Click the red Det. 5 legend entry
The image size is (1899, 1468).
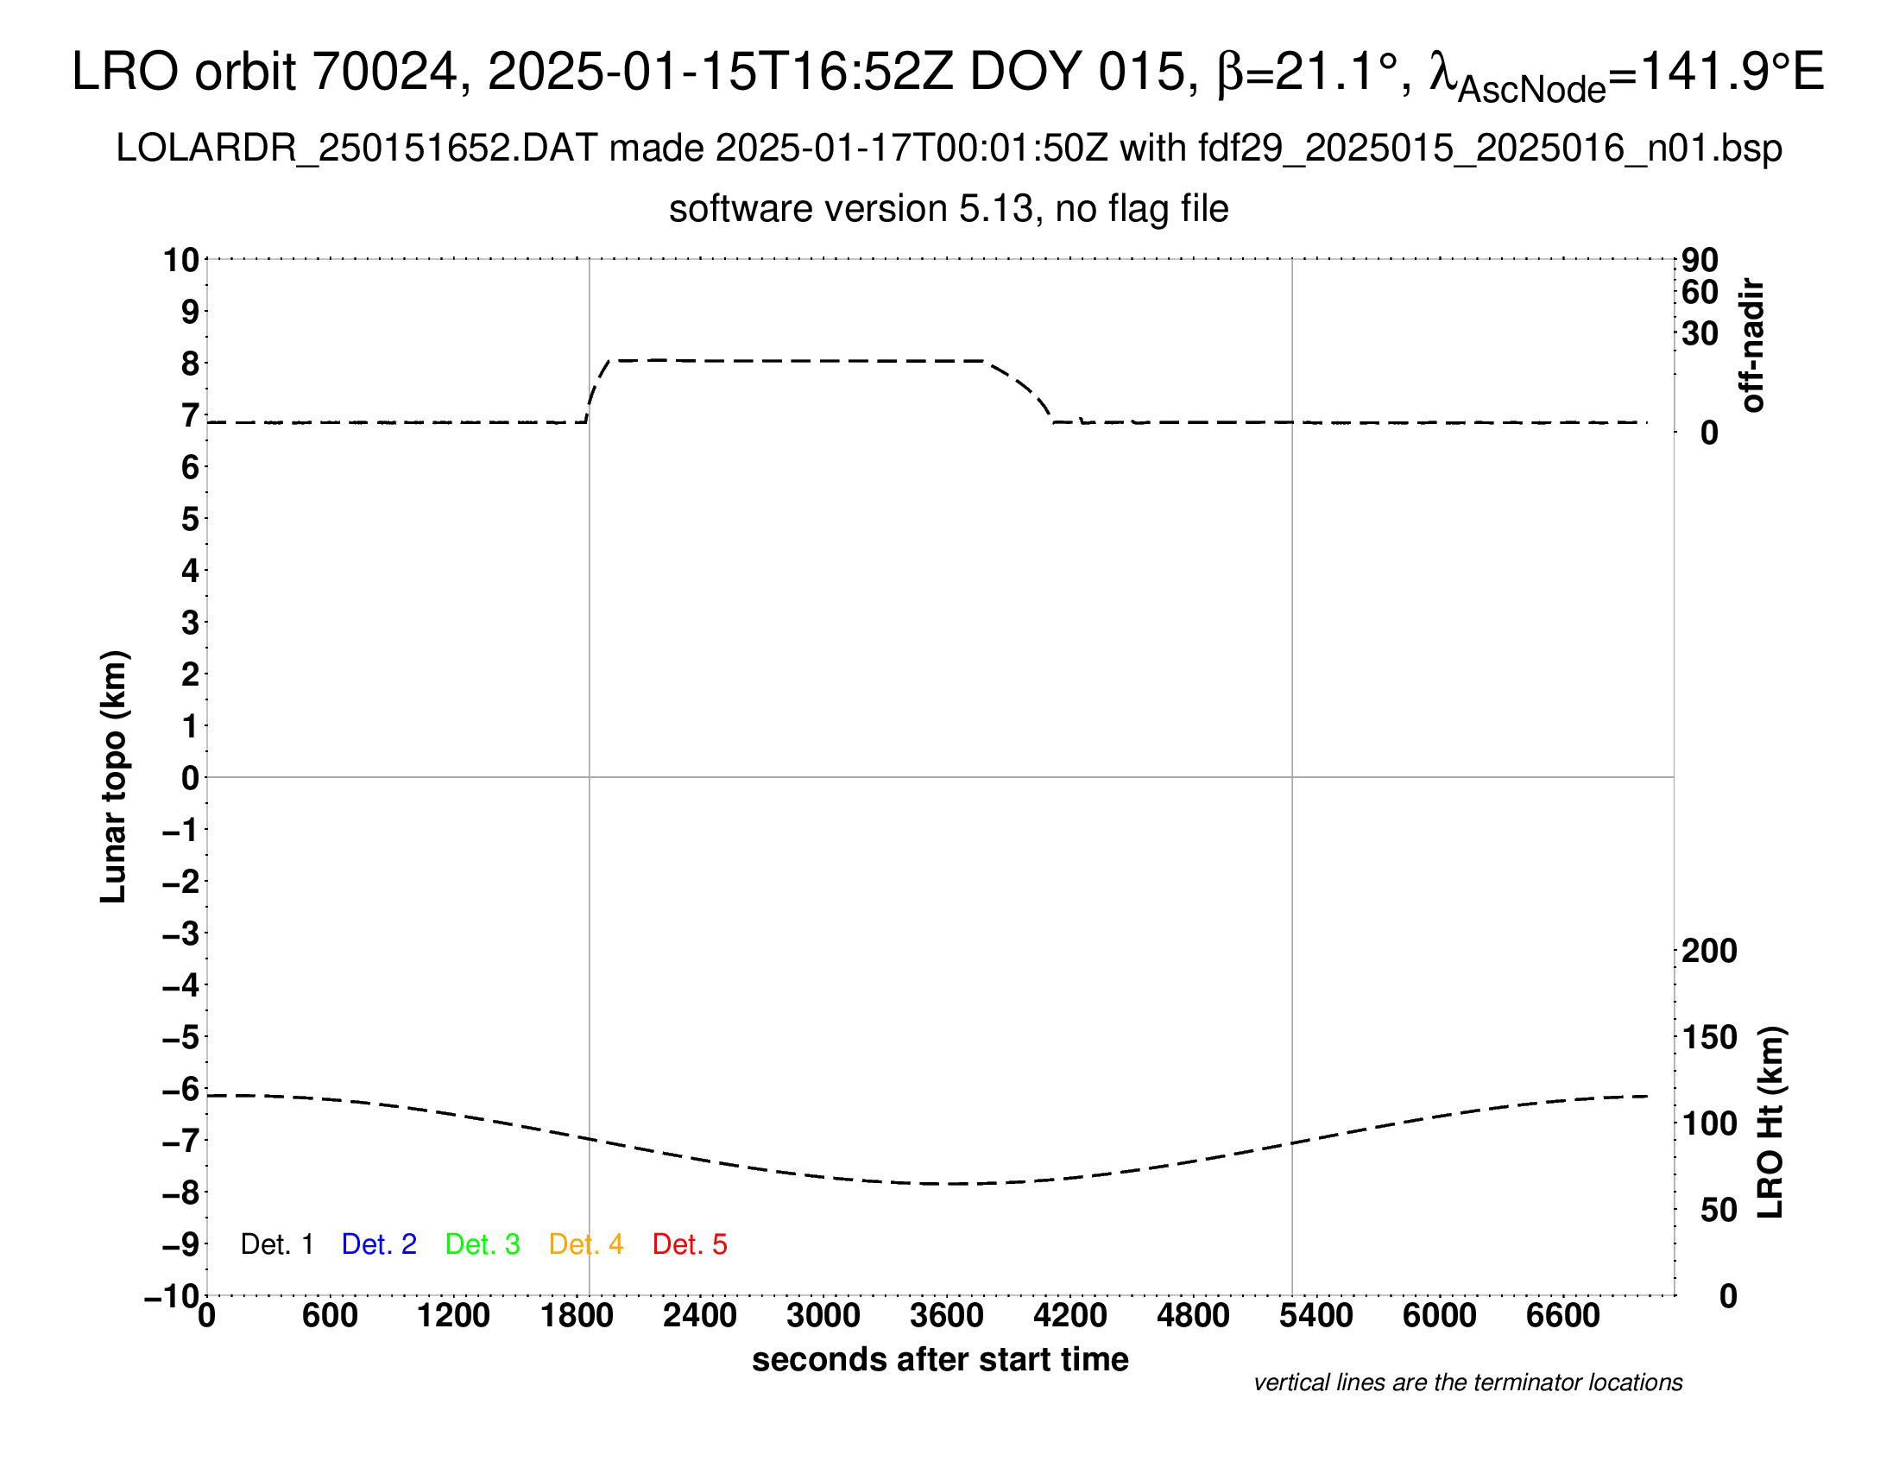click(690, 1244)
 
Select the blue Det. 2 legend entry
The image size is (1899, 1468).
click(379, 1244)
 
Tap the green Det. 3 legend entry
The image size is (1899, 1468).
click(483, 1244)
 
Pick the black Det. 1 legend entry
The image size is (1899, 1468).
click(276, 1244)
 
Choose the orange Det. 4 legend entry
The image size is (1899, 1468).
click(586, 1244)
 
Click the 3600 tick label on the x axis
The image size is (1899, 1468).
click(947, 1316)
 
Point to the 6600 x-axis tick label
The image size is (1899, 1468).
click(1562, 1316)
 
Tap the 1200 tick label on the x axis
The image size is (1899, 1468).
click(453, 1316)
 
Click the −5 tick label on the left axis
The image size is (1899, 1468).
click(181, 1037)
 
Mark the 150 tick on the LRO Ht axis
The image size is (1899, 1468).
click(1708, 1037)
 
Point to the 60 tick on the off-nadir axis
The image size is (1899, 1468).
click(1700, 292)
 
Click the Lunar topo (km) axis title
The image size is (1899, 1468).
click(114, 776)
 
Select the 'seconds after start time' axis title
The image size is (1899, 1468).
click(940, 1360)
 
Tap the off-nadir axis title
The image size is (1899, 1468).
click(1752, 345)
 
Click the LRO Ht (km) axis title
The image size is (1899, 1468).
click(1770, 1123)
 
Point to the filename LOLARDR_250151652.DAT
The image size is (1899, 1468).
click(356, 149)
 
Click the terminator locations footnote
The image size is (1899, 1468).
click(1467, 1383)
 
